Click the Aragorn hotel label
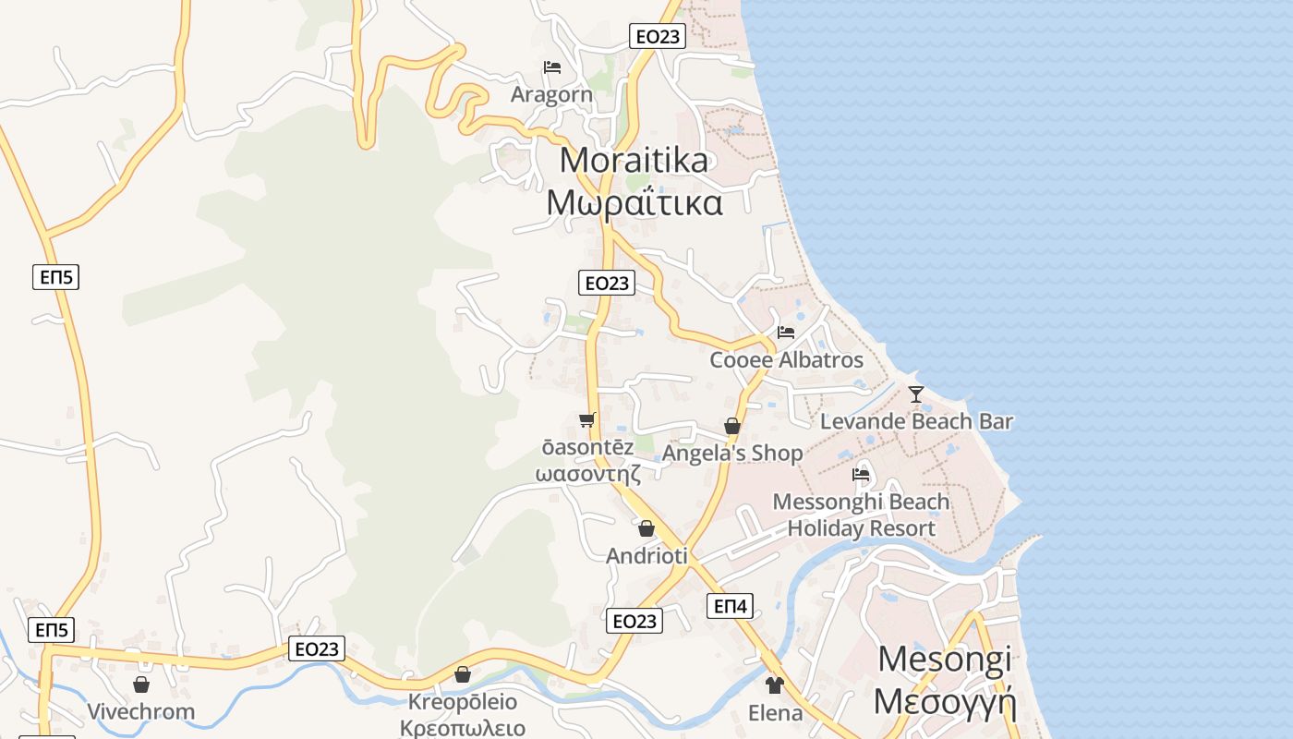click(x=551, y=94)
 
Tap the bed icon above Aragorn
click(x=552, y=67)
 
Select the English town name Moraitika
click(x=634, y=161)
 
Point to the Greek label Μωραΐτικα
click(x=634, y=202)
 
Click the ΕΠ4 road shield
click(x=730, y=606)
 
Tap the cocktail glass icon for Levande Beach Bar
click(x=915, y=394)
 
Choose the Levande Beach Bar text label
click(x=916, y=422)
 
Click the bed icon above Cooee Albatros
click(x=786, y=333)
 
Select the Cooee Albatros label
click(x=786, y=359)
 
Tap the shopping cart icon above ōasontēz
click(x=586, y=420)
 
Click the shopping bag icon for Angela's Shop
click(x=732, y=426)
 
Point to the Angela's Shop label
click(x=732, y=454)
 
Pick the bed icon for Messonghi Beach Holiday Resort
click(x=861, y=475)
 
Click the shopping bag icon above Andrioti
click(x=646, y=528)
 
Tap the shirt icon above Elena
click(x=774, y=684)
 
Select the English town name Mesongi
click(x=945, y=660)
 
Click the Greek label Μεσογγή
click(x=945, y=702)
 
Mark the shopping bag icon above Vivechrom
click(x=141, y=684)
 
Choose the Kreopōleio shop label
click(x=463, y=702)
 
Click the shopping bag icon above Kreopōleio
click(x=463, y=674)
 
